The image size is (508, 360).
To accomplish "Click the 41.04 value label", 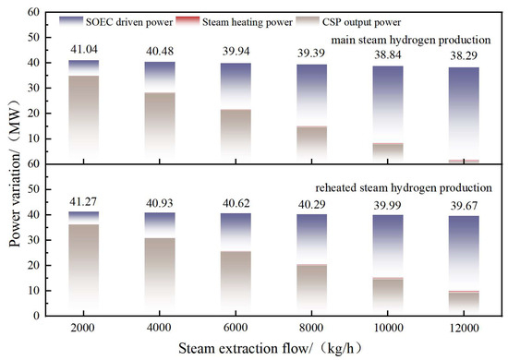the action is click(x=84, y=49).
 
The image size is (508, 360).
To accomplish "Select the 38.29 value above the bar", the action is click(x=464, y=55).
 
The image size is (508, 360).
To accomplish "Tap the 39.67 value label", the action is click(x=464, y=206).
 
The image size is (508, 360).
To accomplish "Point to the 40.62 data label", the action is click(x=236, y=203).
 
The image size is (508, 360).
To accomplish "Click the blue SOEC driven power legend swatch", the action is click(x=71, y=20).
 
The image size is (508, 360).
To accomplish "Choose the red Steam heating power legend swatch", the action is click(x=187, y=20).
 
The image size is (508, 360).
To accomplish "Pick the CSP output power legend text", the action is click(x=361, y=22).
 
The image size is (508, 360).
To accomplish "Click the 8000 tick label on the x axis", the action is click(x=311, y=328).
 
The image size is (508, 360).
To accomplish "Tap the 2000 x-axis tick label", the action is click(x=82, y=328).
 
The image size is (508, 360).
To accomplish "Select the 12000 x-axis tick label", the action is click(x=464, y=328).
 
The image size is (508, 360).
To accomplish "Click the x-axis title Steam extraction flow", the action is click(x=245, y=349).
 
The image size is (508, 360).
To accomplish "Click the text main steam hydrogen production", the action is click(x=411, y=40).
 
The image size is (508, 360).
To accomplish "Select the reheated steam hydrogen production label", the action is click(x=404, y=187).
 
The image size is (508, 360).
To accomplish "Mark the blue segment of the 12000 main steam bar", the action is click(x=464, y=114).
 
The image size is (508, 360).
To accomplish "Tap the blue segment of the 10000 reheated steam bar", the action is click(x=388, y=246).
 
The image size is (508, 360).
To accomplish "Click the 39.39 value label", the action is click(x=311, y=54).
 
